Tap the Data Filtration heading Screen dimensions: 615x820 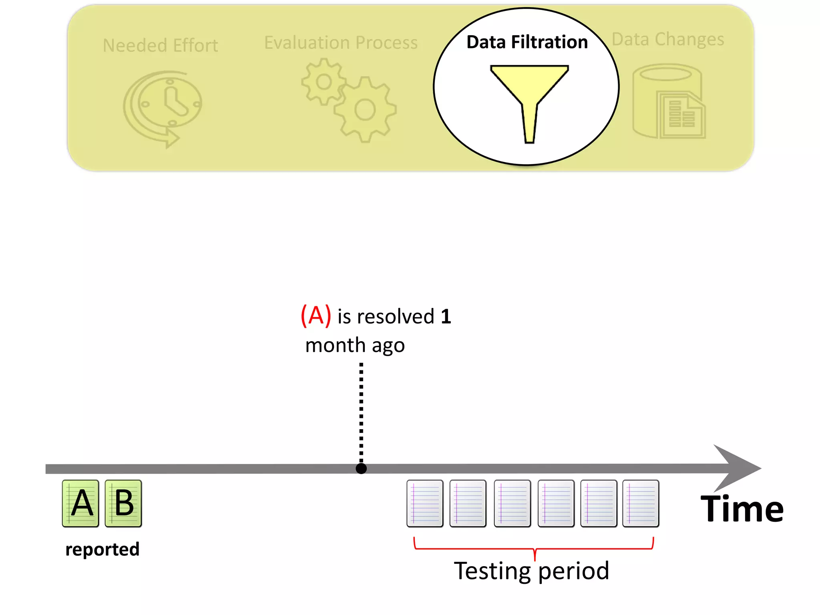point(527,42)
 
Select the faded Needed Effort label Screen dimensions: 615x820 point(160,45)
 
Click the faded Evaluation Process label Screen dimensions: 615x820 point(341,42)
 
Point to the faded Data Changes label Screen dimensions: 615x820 point(668,39)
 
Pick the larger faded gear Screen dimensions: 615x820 point(365,110)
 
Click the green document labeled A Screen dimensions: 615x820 point(80,503)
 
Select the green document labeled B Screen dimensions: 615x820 point(123,503)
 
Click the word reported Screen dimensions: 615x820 point(102,549)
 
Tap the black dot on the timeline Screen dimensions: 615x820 point(361,468)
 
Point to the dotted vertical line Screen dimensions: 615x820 point(361,412)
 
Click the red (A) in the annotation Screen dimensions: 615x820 point(316,316)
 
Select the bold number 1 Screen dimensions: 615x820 point(446,316)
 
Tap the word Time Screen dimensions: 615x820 point(742,509)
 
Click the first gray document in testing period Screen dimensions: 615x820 point(425,503)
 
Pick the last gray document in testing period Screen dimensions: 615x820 point(641,503)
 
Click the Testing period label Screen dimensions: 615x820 point(531,571)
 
